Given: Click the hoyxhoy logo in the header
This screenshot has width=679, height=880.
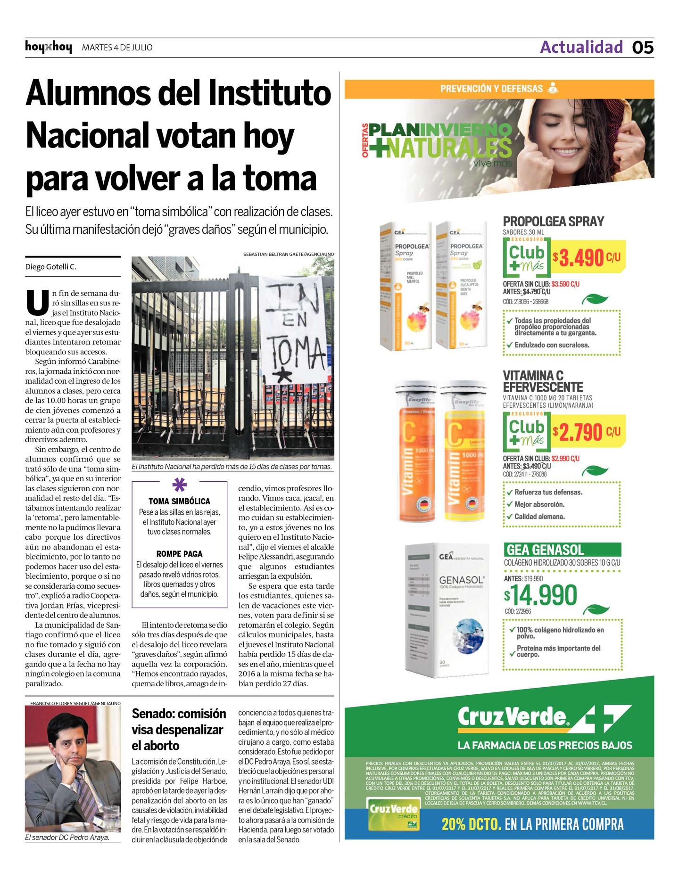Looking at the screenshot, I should click(x=49, y=47).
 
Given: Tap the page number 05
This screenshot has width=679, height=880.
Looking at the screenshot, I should click(x=643, y=48).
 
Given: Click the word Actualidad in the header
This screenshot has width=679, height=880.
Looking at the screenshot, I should click(x=581, y=47).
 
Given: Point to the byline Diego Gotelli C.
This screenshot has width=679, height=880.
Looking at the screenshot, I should click(x=50, y=267).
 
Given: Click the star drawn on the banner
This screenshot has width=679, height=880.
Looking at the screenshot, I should click(x=283, y=376).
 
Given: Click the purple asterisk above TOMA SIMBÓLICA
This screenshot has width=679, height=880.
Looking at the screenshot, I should click(x=179, y=485).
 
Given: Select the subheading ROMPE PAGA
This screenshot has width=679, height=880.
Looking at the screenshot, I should click(x=179, y=554).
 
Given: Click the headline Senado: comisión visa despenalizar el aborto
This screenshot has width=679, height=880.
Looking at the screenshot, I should click(x=179, y=729).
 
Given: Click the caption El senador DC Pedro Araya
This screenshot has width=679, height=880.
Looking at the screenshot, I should click(x=67, y=838).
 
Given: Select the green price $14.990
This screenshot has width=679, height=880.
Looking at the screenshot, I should click(x=541, y=595).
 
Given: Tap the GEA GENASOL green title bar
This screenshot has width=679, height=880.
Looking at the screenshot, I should click(x=562, y=550).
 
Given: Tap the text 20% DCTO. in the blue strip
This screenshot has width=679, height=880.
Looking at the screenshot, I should click(x=471, y=824).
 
